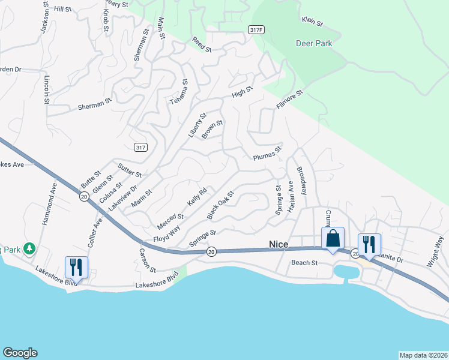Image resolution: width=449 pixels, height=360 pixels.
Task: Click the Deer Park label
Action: [x=314, y=43]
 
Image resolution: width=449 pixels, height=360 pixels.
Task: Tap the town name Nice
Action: [x=279, y=244]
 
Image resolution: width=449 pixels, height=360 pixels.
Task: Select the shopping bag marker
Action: [x=333, y=239]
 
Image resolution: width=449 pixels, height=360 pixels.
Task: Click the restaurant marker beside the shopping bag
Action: [x=369, y=244]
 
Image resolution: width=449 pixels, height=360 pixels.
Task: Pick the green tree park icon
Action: [x=29, y=248]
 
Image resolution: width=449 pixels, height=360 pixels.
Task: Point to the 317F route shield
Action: [x=256, y=29]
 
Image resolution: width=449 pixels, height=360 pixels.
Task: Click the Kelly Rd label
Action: [x=197, y=197]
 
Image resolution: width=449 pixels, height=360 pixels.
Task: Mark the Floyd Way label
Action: [x=167, y=233]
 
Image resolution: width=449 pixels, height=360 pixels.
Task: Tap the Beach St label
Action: [x=304, y=262]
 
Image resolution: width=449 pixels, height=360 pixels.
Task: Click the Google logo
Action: [x=20, y=353]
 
